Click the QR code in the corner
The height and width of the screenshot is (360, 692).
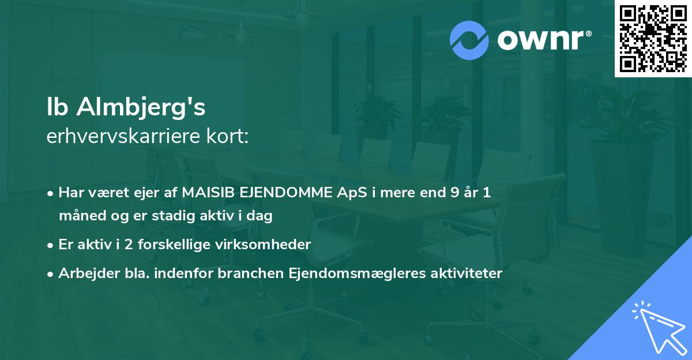653,39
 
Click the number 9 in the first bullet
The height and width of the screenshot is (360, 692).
455,193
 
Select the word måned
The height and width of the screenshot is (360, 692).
79,216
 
